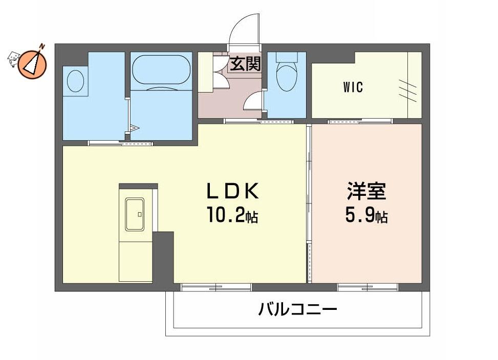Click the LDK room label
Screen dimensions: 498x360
pyautogui.click(x=233, y=191)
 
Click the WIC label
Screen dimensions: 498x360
pyautogui.click(x=353, y=87)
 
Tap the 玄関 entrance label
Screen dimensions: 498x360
pyautogui.click(x=245, y=64)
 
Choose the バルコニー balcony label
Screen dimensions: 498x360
pyautogui.click(x=297, y=309)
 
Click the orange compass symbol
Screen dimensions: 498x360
pyautogui.click(x=32, y=65)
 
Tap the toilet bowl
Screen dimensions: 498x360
pyautogui.click(x=287, y=78)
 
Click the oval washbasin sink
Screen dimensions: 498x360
pyautogui.click(x=76, y=81)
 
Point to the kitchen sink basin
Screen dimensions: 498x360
pyautogui.click(x=135, y=214)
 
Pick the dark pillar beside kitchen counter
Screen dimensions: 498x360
pyautogui.click(x=163, y=257)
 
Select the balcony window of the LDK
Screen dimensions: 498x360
pyautogui.click(x=216, y=287)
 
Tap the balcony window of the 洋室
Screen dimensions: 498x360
pyautogui.click(x=367, y=287)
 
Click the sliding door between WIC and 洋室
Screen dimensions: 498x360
pyautogui.click(x=360, y=121)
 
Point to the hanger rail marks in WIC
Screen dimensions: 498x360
pyautogui.click(x=407, y=91)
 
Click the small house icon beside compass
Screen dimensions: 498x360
pyautogui.click(x=14, y=59)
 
